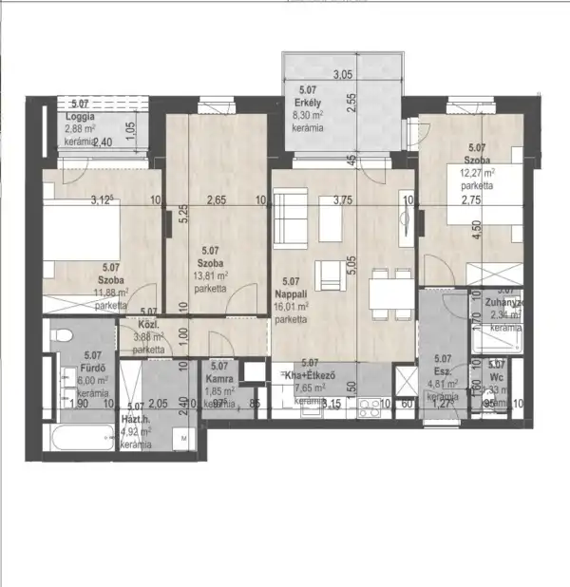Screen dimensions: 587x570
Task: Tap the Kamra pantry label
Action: [219, 377]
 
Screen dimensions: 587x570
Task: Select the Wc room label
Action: [496, 377]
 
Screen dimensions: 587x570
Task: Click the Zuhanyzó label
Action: [501, 303]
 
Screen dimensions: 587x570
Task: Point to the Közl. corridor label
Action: [148, 323]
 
